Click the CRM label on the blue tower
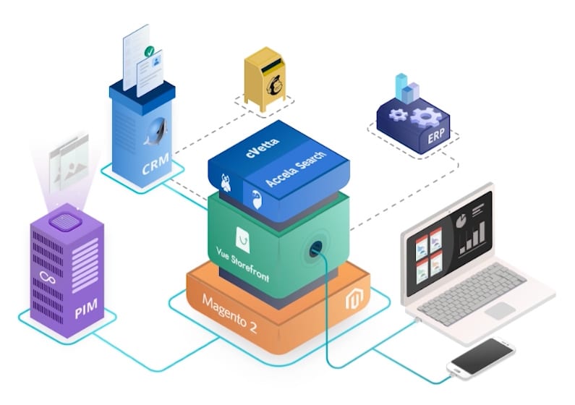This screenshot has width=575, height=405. coord(156,163)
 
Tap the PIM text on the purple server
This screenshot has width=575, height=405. coord(86,308)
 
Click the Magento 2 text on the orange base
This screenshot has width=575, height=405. coord(229,314)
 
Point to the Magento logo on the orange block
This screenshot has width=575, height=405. coord(354,298)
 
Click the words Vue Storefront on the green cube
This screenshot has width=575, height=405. coord(242,264)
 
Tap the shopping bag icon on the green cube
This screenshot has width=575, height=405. coord(243,240)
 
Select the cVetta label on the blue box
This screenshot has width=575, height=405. coord(263,148)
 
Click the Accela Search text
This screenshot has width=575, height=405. coord(295,168)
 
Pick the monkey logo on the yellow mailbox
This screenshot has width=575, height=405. coord(275,86)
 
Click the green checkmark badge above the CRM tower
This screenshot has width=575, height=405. coord(149,51)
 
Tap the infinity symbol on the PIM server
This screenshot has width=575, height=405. coord(48,278)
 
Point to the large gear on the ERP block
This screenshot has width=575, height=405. coord(425,116)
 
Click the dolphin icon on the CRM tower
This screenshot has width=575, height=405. coord(156,132)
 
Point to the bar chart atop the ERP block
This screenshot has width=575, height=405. coord(407,88)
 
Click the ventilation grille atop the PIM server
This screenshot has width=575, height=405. coord(65,222)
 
